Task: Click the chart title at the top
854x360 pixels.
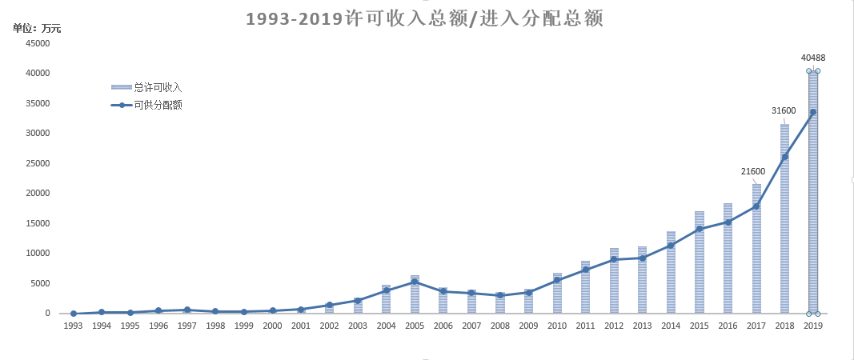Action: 424,18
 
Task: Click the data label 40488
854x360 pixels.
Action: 813,58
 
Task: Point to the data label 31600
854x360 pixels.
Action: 784,110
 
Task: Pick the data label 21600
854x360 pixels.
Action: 753,171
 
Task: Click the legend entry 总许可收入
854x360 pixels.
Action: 158,87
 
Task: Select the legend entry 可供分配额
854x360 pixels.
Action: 158,105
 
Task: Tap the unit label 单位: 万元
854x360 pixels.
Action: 37,29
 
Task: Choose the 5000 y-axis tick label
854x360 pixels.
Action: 40,283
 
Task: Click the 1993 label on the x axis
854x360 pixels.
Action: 73,326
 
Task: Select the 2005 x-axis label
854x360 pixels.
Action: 415,326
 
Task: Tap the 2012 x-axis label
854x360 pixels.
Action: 614,326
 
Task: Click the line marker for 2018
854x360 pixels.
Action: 784,157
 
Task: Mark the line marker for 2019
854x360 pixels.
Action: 813,112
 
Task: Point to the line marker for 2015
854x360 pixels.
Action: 700,229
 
